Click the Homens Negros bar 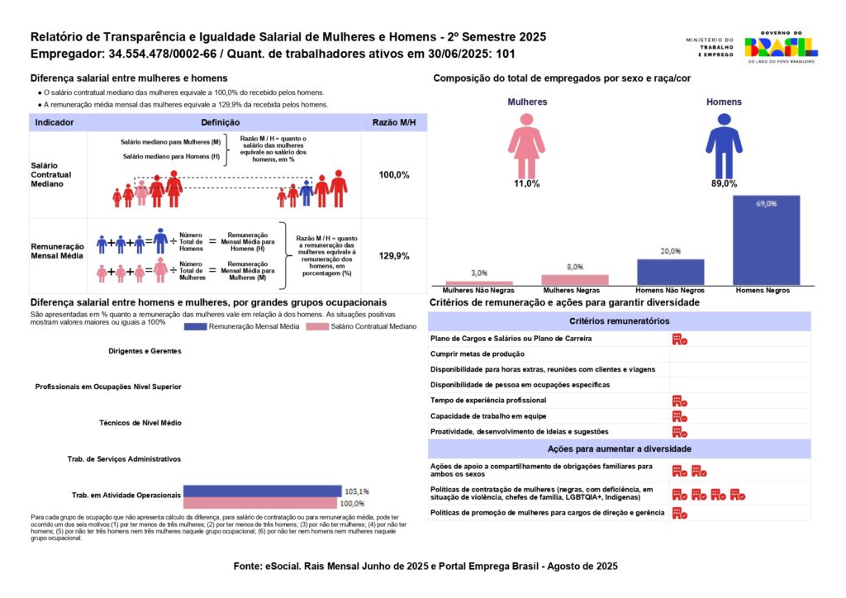[766, 240]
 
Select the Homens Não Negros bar [671, 273]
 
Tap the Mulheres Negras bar [575, 280]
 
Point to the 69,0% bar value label [766, 204]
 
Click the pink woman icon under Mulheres [526, 146]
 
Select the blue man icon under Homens [724, 146]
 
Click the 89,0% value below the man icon [724, 184]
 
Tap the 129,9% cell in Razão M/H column [394, 255]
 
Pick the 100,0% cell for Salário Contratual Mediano [394, 175]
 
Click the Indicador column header [55, 122]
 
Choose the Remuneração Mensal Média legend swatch [195, 327]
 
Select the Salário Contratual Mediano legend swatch [317, 327]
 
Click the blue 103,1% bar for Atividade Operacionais [263, 491]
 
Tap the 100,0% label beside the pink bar [352, 504]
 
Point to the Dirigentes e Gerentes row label [145, 351]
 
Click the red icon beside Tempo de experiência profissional [680, 401]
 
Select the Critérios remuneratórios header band [620, 320]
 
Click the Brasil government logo [781, 47]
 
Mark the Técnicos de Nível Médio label [140, 423]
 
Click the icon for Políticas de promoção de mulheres [680, 514]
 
